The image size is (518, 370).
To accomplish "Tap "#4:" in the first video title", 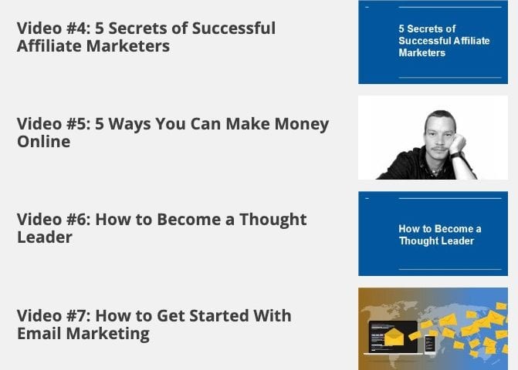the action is (x=78, y=28).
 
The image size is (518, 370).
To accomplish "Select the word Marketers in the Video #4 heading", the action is (x=128, y=45).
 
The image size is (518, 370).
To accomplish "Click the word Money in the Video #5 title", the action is (x=302, y=124).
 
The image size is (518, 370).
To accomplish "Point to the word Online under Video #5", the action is (x=43, y=142).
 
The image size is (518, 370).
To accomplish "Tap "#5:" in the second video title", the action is (x=78, y=123).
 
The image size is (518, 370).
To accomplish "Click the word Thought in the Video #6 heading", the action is (x=273, y=220).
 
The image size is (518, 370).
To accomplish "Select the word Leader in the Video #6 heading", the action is (x=45, y=237).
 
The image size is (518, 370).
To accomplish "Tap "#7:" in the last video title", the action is (x=78, y=315).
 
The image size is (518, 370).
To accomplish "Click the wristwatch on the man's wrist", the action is (x=456, y=155).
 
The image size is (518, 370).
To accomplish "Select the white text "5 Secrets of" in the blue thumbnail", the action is (x=427, y=29).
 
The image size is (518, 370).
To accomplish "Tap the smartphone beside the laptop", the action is (x=430, y=345).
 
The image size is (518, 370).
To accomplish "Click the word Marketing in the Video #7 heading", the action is (x=108, y=334).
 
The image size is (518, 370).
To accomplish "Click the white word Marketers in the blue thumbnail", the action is (x=422, y=52).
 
